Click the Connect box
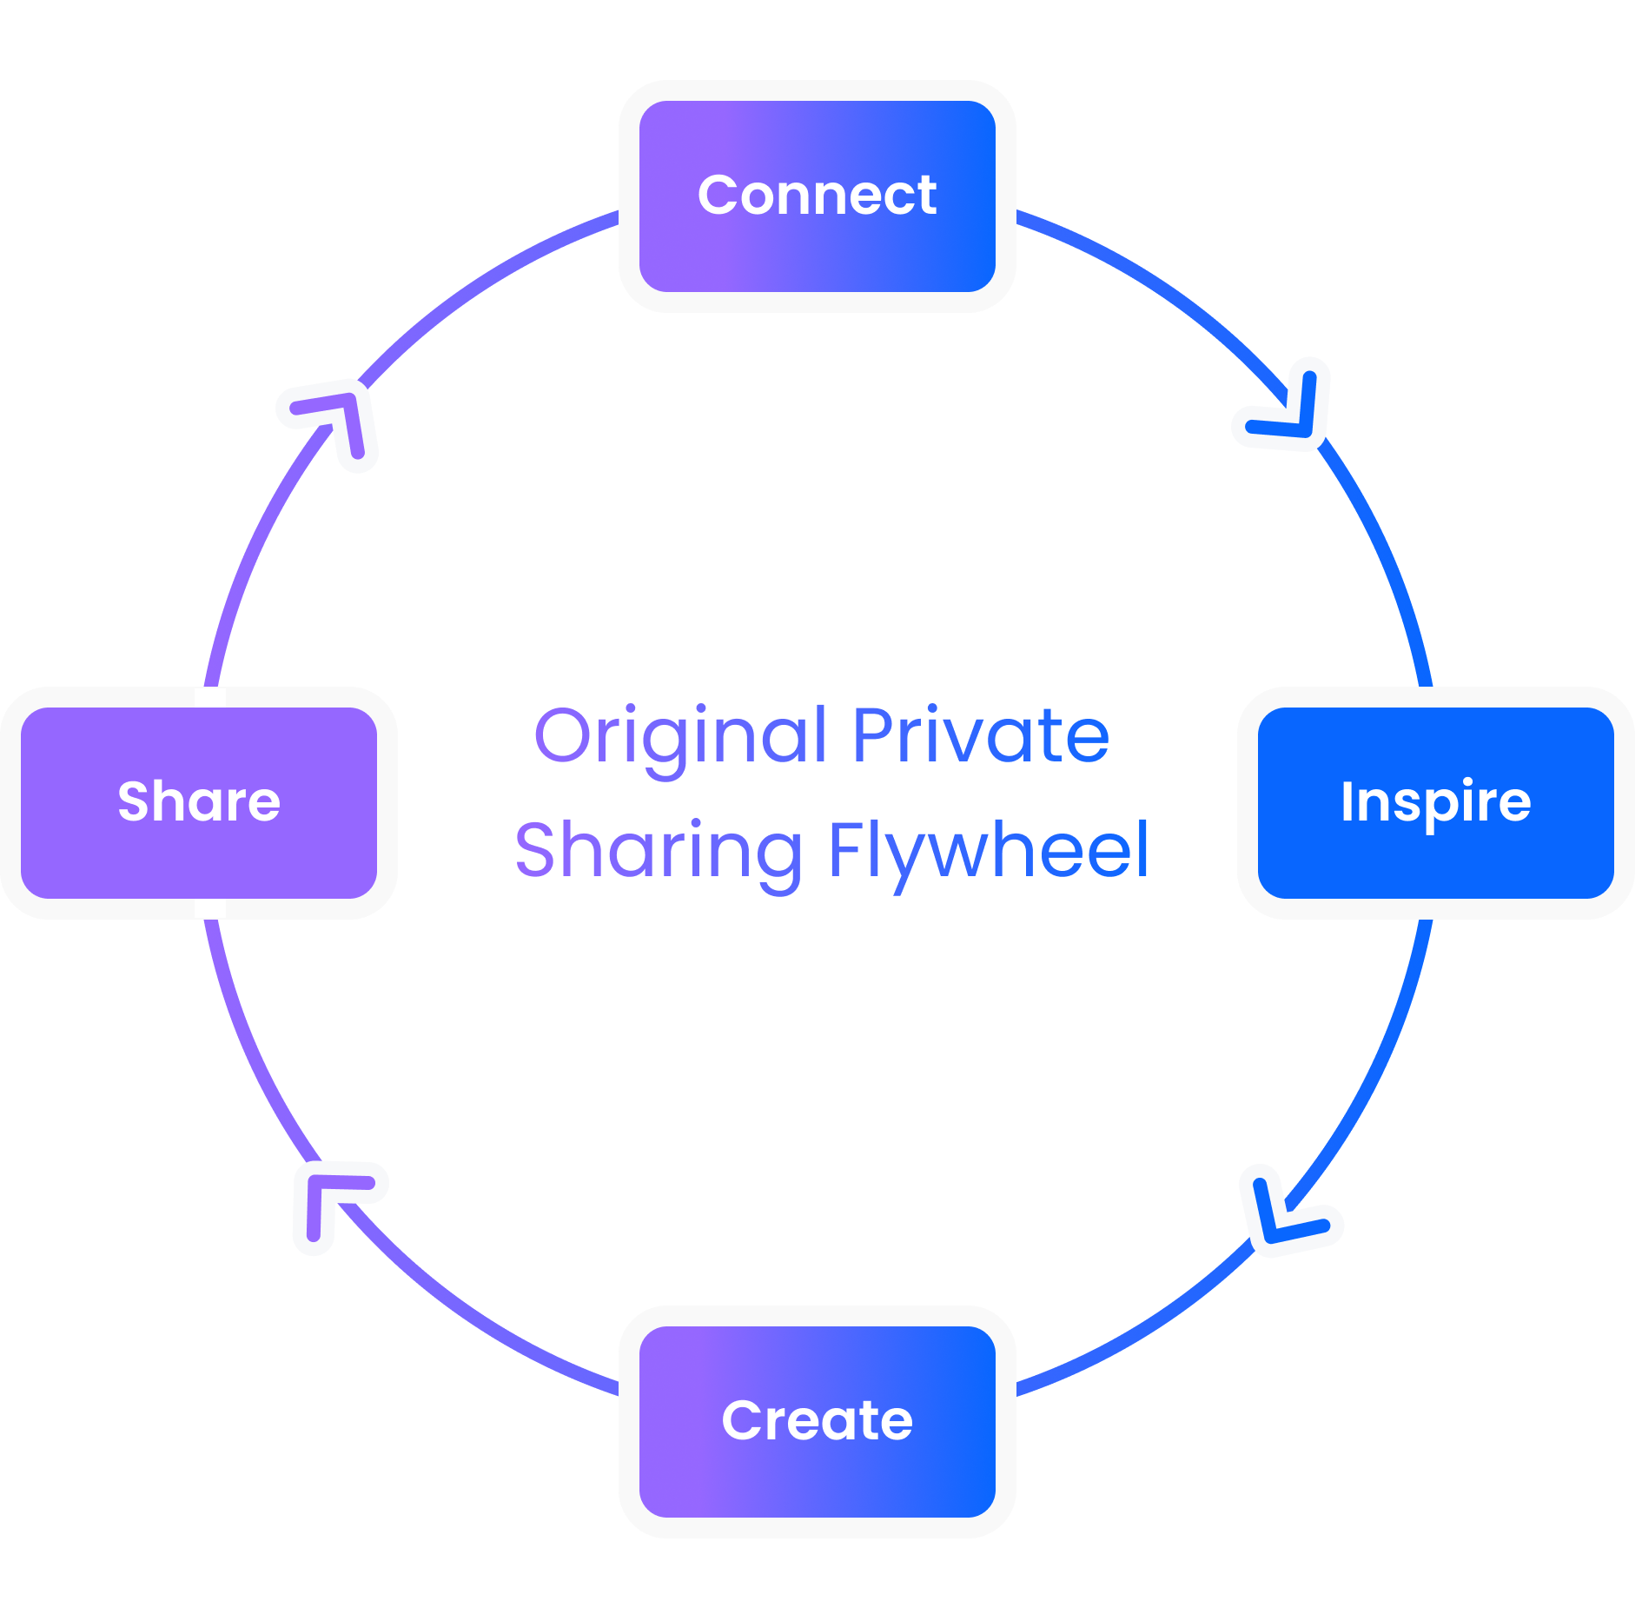[x=817, y=196]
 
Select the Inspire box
[x=1435, y=802]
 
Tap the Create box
[x=817, y=1421]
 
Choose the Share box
[x=199, y=802]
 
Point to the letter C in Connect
[x=720, y=195]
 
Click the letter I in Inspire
[x=1347, y=801]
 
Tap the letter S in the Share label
[x=135, y=801]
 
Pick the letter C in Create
[x=745, y=1420]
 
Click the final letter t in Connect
[x=926, y=196]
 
